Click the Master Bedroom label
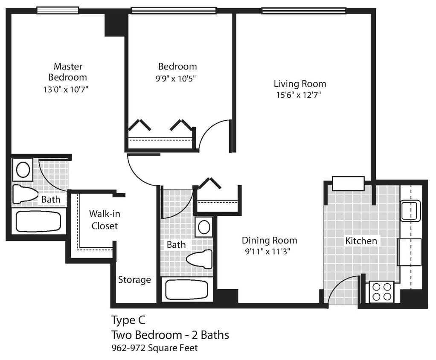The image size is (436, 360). point(68,72)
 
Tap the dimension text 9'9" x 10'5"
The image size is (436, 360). point(177,78)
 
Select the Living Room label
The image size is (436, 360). point(299,84)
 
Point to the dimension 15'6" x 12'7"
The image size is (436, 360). point(298,95)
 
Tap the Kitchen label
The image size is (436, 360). point(361,241)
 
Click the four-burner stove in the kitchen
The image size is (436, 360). point(381,292)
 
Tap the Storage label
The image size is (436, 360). point(134,280)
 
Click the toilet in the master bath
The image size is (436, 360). point(25,194)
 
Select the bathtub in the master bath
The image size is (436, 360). point(38,221)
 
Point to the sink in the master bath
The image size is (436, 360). point(23,169)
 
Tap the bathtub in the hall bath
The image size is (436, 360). point(187,290)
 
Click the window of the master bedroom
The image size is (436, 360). point(58,10)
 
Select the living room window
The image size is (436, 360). point(303,11)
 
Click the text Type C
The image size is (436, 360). point(128,320)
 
